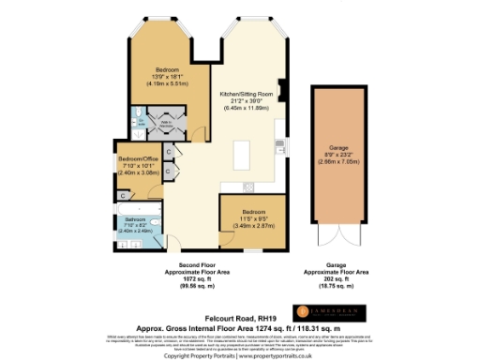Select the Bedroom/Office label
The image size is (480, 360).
point(140,165)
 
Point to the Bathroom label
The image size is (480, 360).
point(136,222)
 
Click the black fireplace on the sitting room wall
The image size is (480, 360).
point(279,144)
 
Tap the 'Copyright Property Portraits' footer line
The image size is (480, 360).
point(240,355)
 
